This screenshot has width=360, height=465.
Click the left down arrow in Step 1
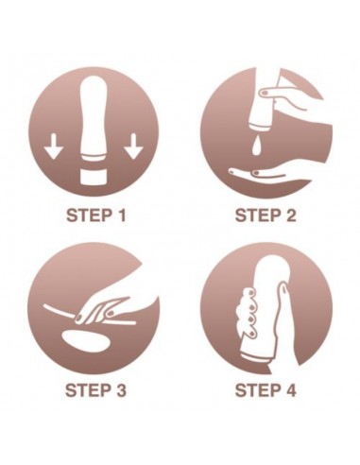(53, 146)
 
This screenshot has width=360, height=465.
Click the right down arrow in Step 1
(134, 146)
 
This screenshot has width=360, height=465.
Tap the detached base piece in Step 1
(94, 178)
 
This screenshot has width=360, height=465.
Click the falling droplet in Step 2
(256, 146)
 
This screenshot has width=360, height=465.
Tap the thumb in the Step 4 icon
(285, 315)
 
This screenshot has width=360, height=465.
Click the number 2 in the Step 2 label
(290, 216)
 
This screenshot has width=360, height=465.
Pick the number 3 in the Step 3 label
(120, 390)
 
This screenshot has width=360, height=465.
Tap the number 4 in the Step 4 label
(290, 390)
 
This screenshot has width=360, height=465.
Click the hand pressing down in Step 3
(104, 309)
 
